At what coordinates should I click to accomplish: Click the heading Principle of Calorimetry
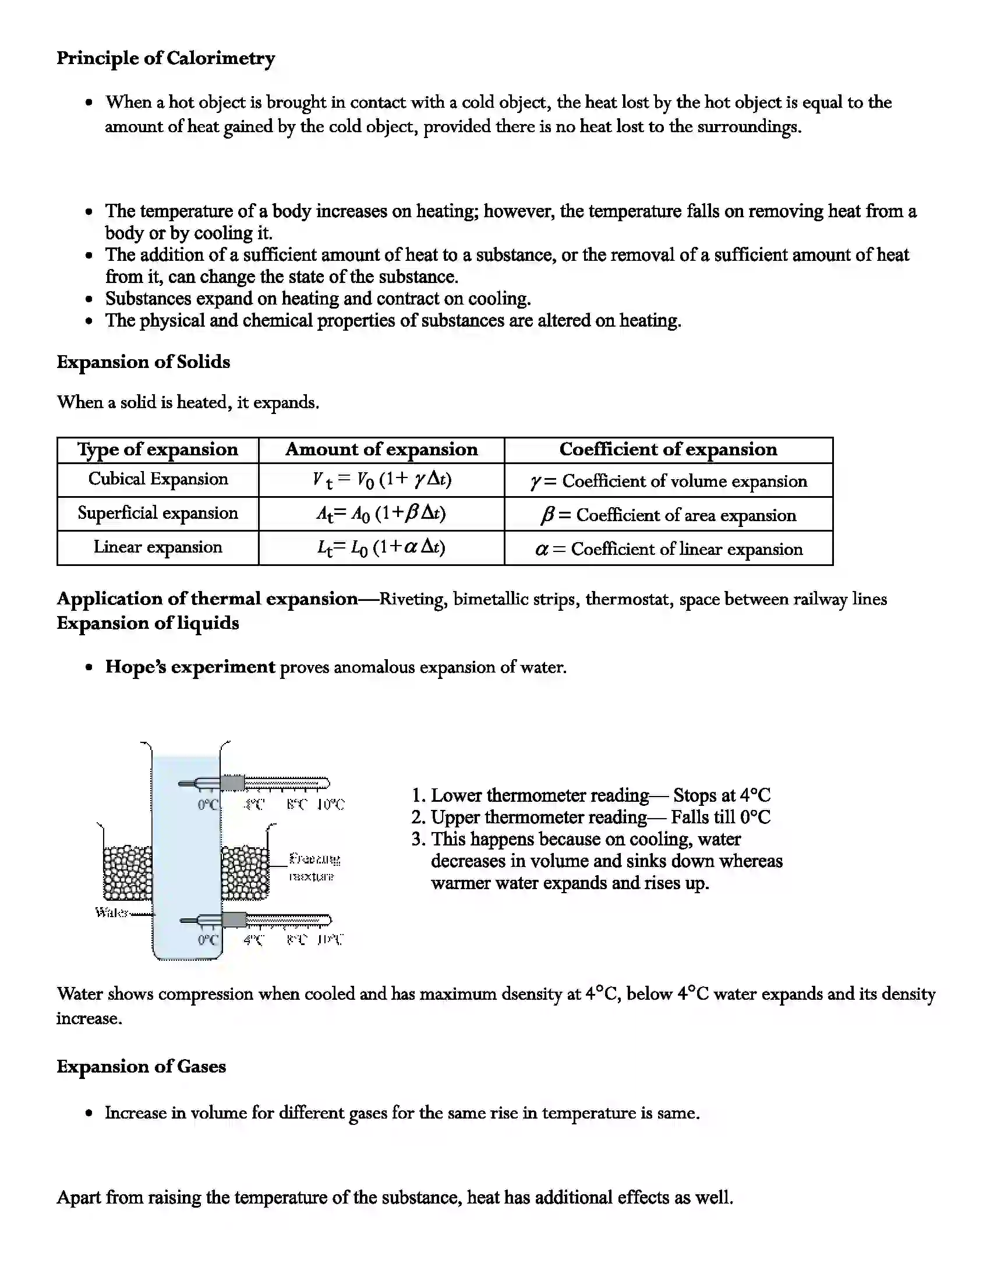point(165,59)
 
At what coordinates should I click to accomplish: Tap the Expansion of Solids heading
point(143,362)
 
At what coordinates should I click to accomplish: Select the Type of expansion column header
point(158,450)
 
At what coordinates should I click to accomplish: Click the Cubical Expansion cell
point(158,479)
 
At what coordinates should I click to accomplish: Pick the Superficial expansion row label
point(158,513)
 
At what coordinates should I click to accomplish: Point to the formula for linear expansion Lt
point(381,547)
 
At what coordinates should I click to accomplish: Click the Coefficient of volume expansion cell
point(668,481)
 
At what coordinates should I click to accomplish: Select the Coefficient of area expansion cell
point(668,515)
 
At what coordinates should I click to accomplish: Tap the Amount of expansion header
point(381,450)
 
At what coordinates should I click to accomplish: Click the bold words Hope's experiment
point(190,667)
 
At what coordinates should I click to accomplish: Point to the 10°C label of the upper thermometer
point(331,805)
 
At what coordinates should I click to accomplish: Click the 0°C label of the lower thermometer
point(208,940)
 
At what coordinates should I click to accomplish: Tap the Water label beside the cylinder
point(111,912)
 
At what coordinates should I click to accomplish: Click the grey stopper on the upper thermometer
point(232,783)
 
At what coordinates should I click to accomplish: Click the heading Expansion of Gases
point(141,1066)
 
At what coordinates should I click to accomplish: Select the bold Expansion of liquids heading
point(148,623)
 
